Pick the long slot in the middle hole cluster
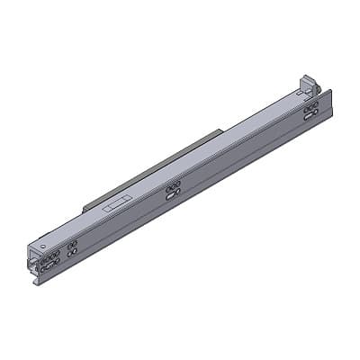click(x=173, y=192)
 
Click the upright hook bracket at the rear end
click(x=307, y=83)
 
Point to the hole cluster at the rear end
click(x=310, y=110)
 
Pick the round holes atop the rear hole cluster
click(x=310, y=106)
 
